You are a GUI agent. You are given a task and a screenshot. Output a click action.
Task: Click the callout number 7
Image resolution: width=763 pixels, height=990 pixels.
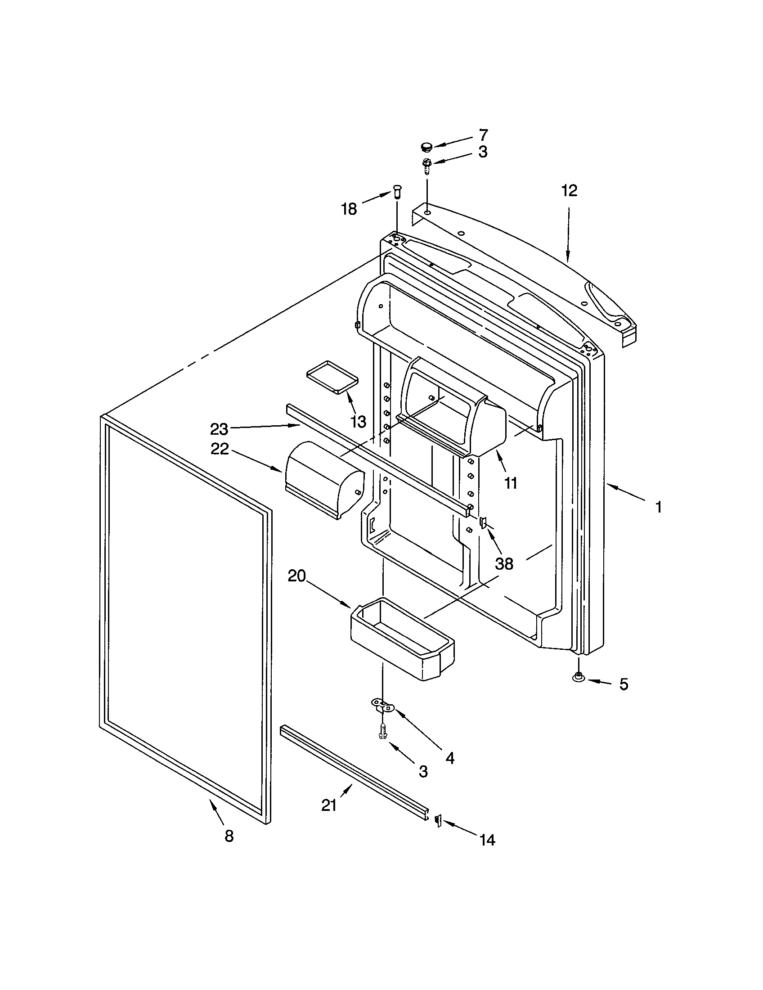(x=484, y=135)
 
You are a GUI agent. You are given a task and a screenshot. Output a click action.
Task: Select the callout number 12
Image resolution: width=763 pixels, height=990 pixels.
(x=569, y=191)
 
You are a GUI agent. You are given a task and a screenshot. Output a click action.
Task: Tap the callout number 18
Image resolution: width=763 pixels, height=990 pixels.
(x=349, y=209)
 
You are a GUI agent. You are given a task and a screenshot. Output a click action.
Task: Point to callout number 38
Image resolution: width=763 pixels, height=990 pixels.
(x=504, y=564)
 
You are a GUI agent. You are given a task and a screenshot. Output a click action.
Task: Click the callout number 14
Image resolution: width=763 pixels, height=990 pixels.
(x=487, y=840)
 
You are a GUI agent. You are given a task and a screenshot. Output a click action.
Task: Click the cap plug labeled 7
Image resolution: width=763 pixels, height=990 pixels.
(x=426, y=146)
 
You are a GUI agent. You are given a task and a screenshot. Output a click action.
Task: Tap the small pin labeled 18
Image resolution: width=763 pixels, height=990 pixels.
(x=398, y=192)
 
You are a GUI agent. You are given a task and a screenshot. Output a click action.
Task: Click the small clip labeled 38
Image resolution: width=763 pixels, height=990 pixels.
(x=483, y=523)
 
